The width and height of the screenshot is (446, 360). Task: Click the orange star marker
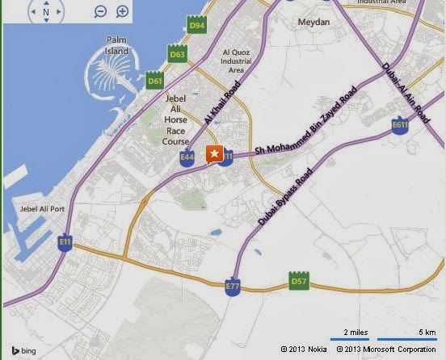(215, 153)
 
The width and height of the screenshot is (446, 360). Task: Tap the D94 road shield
(196, 27)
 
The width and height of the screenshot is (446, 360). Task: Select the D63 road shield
(178, 55)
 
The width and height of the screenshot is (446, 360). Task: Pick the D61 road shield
(155, 81)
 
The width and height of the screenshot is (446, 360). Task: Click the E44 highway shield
(188, 157)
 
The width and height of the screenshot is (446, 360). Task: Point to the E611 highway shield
(400, 125)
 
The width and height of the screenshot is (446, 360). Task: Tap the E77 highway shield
(233, 287)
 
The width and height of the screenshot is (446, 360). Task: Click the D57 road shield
(299, 282)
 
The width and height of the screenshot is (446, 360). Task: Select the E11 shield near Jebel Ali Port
(65, 242)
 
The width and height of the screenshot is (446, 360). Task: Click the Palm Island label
(118, 45)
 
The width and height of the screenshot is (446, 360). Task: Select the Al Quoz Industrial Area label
(237, 61)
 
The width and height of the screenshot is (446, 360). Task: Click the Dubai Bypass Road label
(285, 198)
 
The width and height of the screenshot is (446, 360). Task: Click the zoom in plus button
(122, 11)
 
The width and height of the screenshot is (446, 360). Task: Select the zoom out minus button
(100, 11)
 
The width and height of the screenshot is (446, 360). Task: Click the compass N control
(46, 12)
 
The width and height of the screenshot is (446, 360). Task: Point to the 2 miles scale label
(356, 333)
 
